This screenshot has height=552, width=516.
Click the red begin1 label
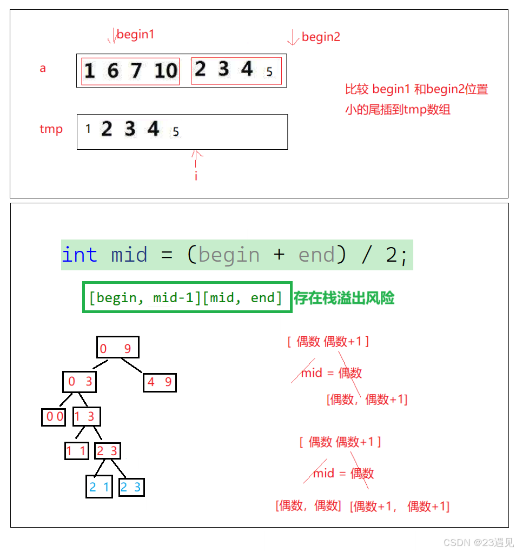click(135, 35)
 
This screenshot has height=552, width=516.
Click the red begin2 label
click(321, 37)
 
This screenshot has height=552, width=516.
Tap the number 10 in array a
click(166, 71)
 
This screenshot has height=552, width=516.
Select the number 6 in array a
click(113, 71)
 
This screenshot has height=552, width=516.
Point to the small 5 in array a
click(269, 72)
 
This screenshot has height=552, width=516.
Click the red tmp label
click(51, 129)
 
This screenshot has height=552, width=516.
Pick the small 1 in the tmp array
click(88, 130)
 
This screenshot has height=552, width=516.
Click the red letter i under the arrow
click(196, 176)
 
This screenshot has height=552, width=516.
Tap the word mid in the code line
click(129, 255)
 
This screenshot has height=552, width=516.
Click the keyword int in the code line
click(80, 255)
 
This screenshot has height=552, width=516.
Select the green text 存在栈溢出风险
click(344, 298)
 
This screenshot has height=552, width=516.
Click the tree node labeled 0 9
click(117, 348)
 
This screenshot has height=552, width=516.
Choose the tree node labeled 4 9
click(160, 383)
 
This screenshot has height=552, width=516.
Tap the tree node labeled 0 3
click(80, 382)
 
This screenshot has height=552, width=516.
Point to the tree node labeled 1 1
click(76, 451)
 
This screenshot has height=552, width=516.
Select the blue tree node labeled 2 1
click(99, 487)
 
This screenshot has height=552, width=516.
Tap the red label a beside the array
click(43, 69)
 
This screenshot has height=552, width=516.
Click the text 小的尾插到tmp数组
click(398, 110)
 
